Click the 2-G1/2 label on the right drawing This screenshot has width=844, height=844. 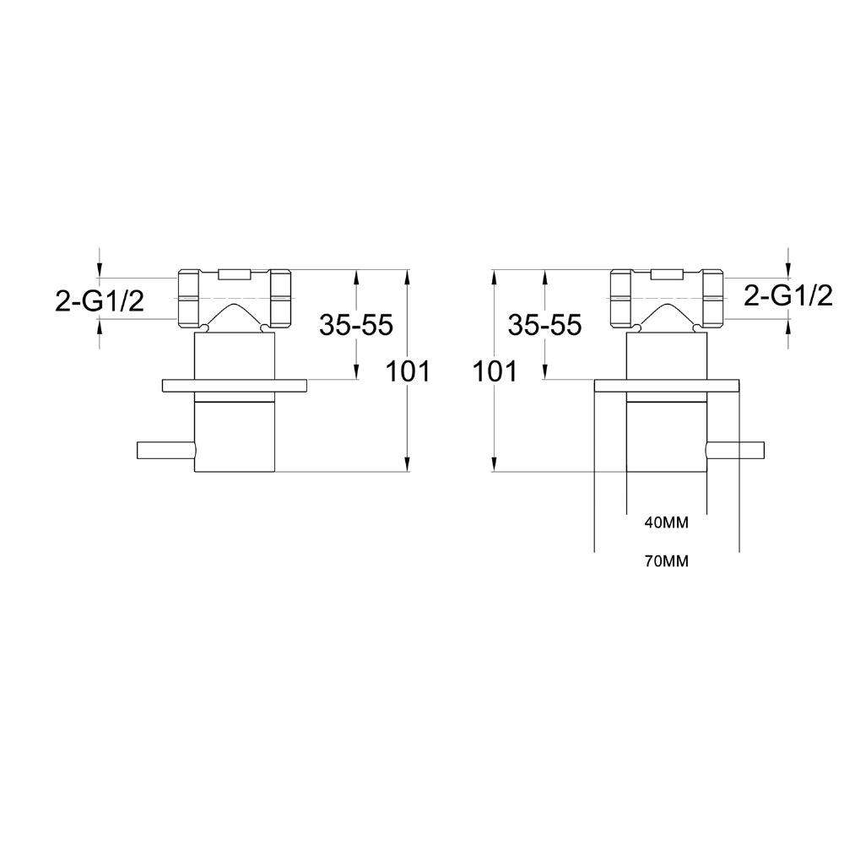pyautogui.click(x=788, y=295)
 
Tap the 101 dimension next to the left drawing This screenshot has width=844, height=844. pyautogui.click(x=408, y=371)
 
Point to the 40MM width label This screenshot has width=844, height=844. pyautogui.click(x=666, y=522)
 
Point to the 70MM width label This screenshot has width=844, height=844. pyautogui.click(x=666, y=561)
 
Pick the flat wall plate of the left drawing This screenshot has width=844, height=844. pyautogui.click(x=234, y=386)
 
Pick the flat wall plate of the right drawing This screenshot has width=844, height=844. pyautogui.click(x=668, y=386)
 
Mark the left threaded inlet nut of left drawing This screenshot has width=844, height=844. pyautogui.click(x=191, y=297)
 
